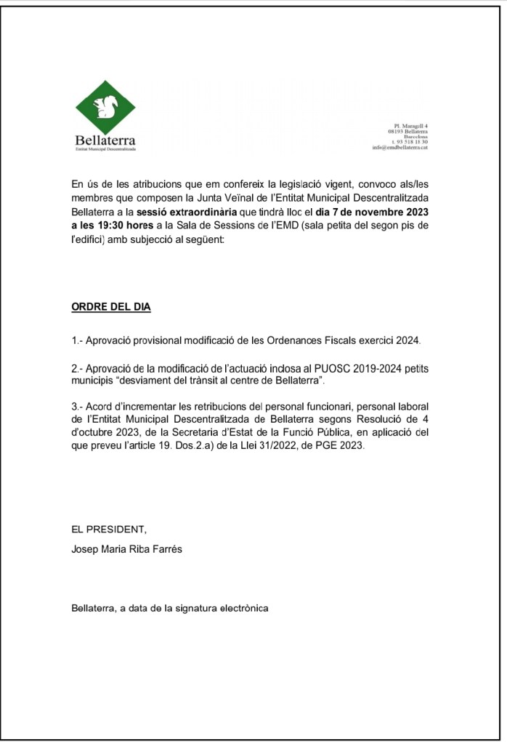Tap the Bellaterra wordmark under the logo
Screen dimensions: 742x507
105,139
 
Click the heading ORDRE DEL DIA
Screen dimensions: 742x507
110,307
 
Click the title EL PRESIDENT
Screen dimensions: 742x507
104,529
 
